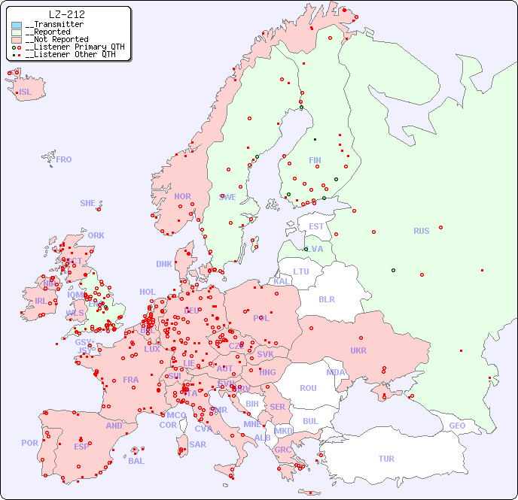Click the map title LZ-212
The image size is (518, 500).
66,14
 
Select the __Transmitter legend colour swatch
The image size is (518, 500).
17,25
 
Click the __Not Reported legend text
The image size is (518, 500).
56,39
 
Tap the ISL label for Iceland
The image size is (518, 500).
26,92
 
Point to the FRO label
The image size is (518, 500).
64,159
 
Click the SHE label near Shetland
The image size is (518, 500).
87,203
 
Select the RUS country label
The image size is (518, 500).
421,231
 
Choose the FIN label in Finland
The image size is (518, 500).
315,160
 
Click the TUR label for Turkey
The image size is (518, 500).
386,459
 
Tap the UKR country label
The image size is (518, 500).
358,350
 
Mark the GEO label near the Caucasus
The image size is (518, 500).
457,426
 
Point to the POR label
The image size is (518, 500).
29,443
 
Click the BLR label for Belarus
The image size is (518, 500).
326,298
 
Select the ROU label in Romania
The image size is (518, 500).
308,388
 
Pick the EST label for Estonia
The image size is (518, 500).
316,226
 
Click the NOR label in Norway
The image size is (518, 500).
182,196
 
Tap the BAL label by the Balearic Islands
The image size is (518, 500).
136,461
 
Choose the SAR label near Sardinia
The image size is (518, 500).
197,444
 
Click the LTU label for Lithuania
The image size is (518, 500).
301,271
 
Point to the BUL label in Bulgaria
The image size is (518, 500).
310,421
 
